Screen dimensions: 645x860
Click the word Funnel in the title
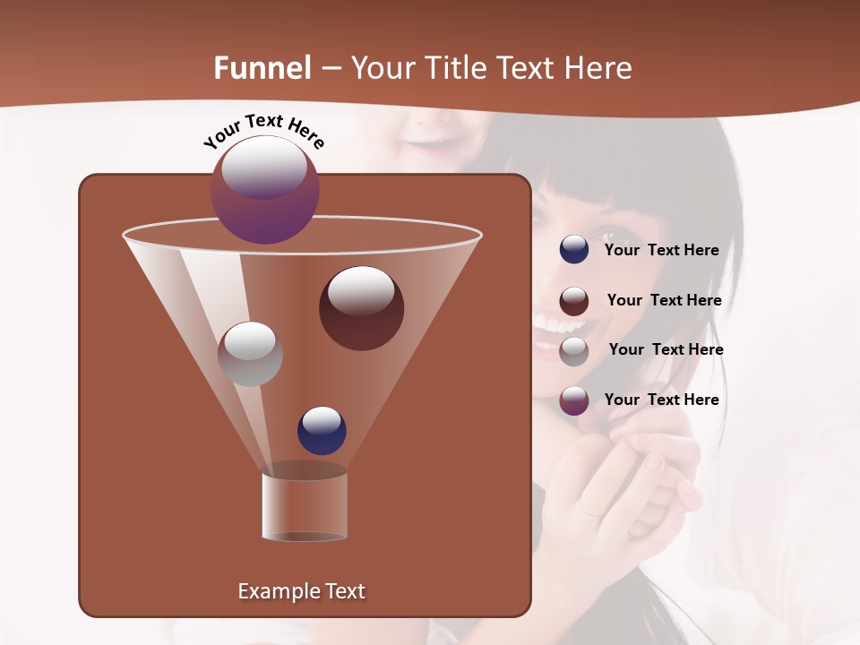click(x=262, y=68)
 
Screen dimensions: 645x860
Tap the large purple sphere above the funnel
click(x=265, y=189)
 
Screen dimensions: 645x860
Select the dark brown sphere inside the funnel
click(x=361, y=308)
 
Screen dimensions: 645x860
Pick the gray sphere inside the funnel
click(x=250, y=354)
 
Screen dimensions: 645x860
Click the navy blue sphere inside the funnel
click(x=322, y=431)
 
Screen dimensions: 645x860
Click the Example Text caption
click(x=301, y=591)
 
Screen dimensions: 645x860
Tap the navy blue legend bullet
click(x=574, y=250)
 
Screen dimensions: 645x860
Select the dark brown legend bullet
click(x=574, y=301)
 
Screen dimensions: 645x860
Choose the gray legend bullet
click(x=574, y=350)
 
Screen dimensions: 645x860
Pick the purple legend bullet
click(x=574, y=400)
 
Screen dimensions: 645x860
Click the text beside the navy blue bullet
click(x=661, y=250)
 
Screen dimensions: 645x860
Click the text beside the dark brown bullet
click(x=664, y=300)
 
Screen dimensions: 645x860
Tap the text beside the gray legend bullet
click(x=666, y=349)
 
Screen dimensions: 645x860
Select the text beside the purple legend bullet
click(x=661, y=400)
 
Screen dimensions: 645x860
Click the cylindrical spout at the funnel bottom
click(x=305, y=506)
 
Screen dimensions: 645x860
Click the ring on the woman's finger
click(x=592, y=512)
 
